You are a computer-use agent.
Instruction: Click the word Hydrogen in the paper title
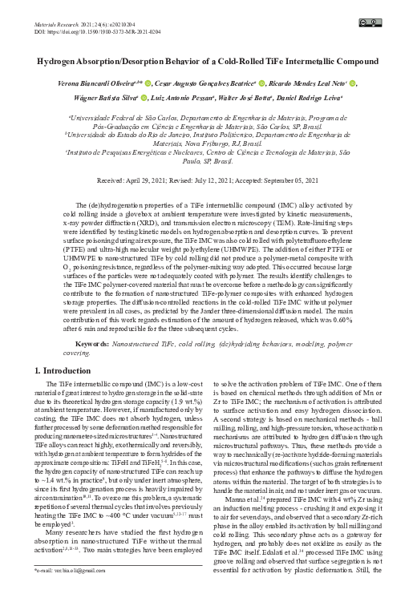click(63, 61)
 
